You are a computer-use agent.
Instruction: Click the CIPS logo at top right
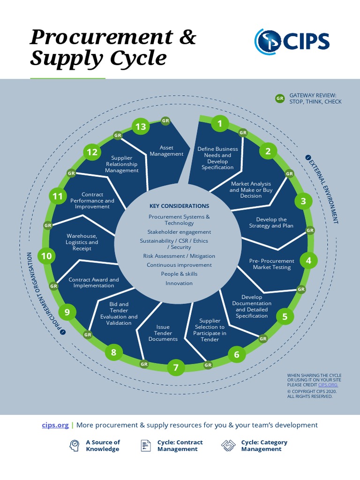click(x=292, y=41)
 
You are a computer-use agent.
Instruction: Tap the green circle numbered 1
click(x=219, y=124)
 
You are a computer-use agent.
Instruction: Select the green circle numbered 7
click(x=176, y=367)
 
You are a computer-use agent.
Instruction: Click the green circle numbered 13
click(x=141, y=126)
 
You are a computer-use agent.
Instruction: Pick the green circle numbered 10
click(x=46, y=256)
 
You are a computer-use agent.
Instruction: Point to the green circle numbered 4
click(x=308, y=261)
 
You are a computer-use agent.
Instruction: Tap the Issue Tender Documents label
click(x=163, y=333)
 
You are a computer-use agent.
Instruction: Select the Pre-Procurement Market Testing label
click(x=272, y=264)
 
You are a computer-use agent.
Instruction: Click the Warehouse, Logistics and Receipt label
click(x=82, y=242)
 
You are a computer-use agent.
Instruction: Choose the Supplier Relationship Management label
click(x=122, y=164)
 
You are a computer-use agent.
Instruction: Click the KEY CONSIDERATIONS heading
click(x=179, y=206)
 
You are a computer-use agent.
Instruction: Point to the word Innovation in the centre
click(x=179, y=283)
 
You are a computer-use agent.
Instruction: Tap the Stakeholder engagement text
click(x=179, y=232)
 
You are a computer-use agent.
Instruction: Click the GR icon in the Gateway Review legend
click(x=280, y=98)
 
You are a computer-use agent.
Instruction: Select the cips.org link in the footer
click(x=55, y=425)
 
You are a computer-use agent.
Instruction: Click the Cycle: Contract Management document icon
click(x=146, y=445)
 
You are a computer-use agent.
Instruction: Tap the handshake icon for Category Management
click(x=228, y=445)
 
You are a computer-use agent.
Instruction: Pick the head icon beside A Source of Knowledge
click(x=74, y=445)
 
